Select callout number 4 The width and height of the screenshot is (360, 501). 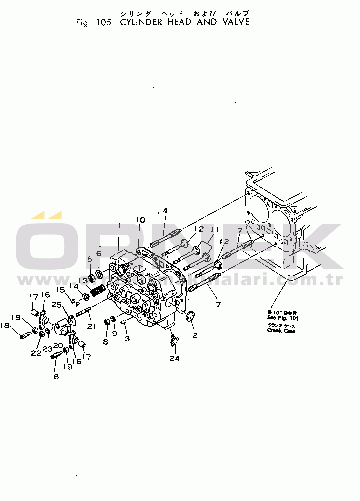[165, 211]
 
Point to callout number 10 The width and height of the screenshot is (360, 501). [140, 220]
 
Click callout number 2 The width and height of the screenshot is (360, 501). [195, 335]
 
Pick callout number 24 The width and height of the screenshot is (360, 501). [175, 358]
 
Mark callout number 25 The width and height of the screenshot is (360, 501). [57, 305]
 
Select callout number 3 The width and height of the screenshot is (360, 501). [127, 339]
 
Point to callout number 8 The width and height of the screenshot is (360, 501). [105, 342]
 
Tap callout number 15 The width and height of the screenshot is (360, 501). [60, 290]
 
